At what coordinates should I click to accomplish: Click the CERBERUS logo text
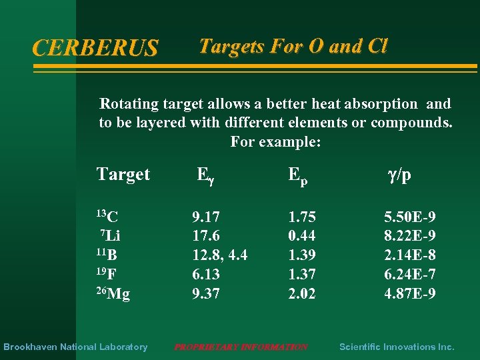point(95,48)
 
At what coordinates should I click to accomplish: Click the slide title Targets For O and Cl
point(293,46)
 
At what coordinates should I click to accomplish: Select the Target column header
point(123,175)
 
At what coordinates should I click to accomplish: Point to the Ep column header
point(297,175)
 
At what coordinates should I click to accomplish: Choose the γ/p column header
point(399,175)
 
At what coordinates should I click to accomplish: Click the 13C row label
point(107,216)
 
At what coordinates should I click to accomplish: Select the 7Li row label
point(110,235)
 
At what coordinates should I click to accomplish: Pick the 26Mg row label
point(113,293)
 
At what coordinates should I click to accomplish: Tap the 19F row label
point(107,274)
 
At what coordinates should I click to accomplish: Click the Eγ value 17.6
point(206,235)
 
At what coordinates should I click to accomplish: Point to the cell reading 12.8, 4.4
point(220,255)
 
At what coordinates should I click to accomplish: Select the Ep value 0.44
point(302,235)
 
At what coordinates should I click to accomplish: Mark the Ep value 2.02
point(302,293)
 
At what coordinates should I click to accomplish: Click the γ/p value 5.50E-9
point(410,217)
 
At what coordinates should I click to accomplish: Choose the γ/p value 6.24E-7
point(410,274)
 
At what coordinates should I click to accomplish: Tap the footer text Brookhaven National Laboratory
point(75,347)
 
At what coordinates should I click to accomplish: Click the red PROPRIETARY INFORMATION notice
point(241,347)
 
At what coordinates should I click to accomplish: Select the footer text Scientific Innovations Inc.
point(397,347)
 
